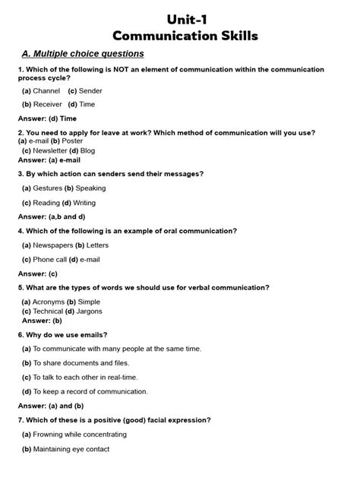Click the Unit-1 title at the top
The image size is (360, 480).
click(x=185, y=18)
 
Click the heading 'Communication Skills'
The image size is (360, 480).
click(x=185, y=36)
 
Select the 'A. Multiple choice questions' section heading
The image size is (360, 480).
click(x=83, y=54)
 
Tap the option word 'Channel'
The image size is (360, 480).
click(x=46, y=91)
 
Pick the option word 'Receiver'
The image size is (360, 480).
click(x=48, y=105)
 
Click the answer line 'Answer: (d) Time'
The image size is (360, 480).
click(x=47, y=119)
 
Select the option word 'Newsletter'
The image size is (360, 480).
click(x=50, y=150)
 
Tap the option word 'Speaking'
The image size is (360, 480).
click(x=91, y=188)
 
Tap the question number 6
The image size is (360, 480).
click(x=21, y=334)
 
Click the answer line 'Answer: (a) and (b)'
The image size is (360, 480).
click(x=51, y=406)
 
